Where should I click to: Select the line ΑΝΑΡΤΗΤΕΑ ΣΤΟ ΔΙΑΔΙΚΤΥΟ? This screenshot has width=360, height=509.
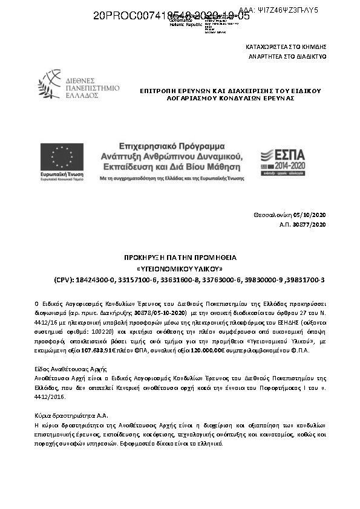click(x=286, y=56)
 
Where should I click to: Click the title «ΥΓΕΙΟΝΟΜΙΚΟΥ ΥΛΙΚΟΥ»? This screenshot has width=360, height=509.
click(x=180, y=268)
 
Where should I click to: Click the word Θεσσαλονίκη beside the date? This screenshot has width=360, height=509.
click(x=273, y=215)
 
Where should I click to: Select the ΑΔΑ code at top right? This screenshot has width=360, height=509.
click(x=279, y=11)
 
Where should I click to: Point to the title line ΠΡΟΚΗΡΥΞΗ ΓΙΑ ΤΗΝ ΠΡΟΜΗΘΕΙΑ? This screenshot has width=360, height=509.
click(x=180, y=258)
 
